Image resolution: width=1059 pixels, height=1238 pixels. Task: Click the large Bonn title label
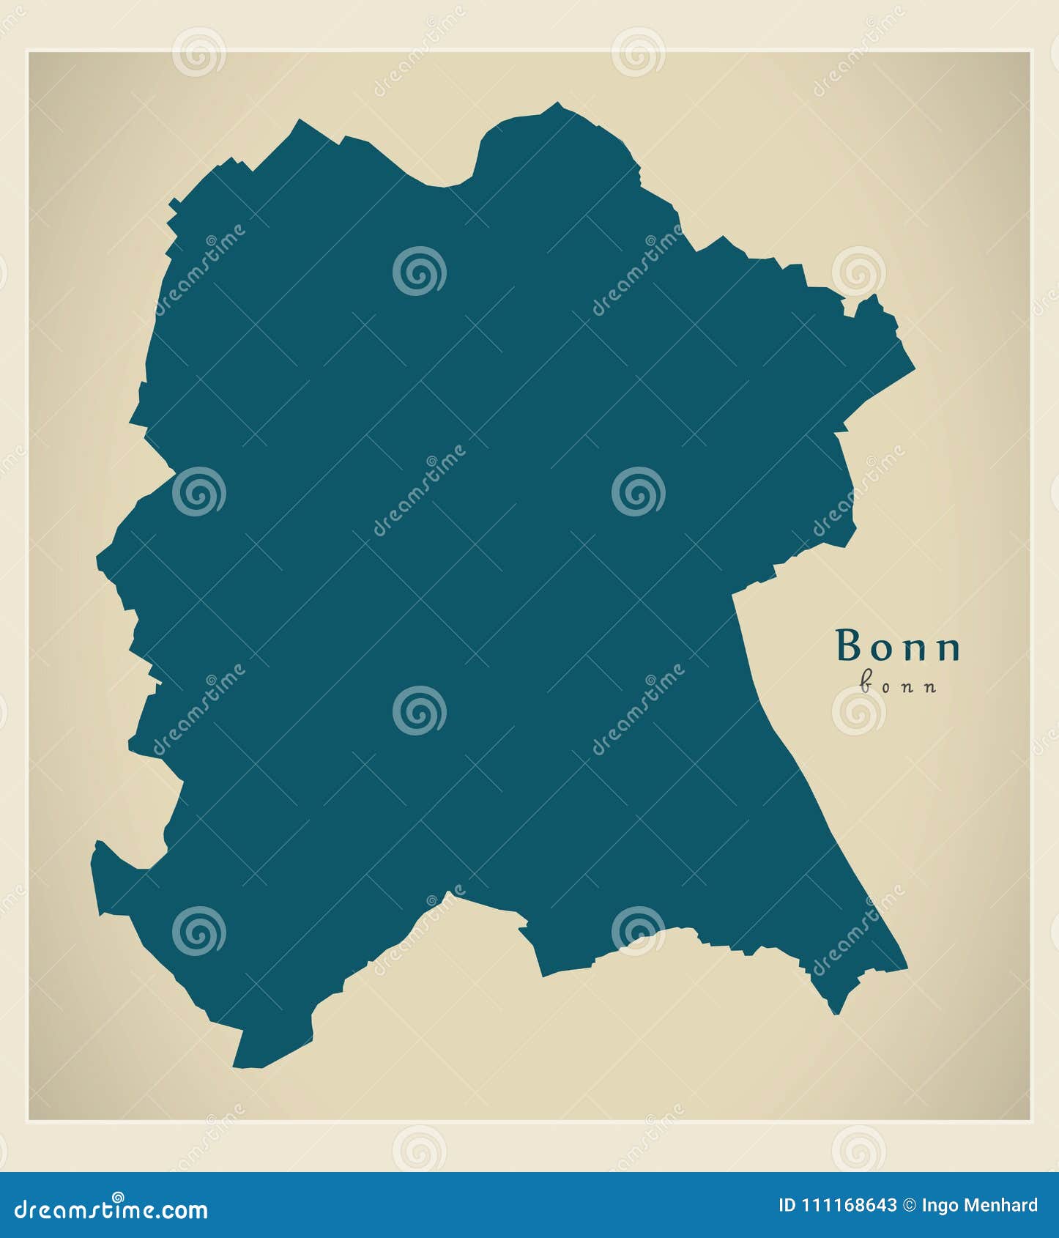click(x=898, y=646)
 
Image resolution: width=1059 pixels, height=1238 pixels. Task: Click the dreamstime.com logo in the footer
click(x=111, y=1210)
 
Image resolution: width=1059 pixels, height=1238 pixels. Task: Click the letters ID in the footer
click(x=787, y=1206)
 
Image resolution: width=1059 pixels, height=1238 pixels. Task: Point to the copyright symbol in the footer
click(x=909, y=1206)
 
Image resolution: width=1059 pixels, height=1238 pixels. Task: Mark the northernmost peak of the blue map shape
click(x=557, y=104)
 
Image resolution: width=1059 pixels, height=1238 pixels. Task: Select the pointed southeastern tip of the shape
click(x=836, y=1012)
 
